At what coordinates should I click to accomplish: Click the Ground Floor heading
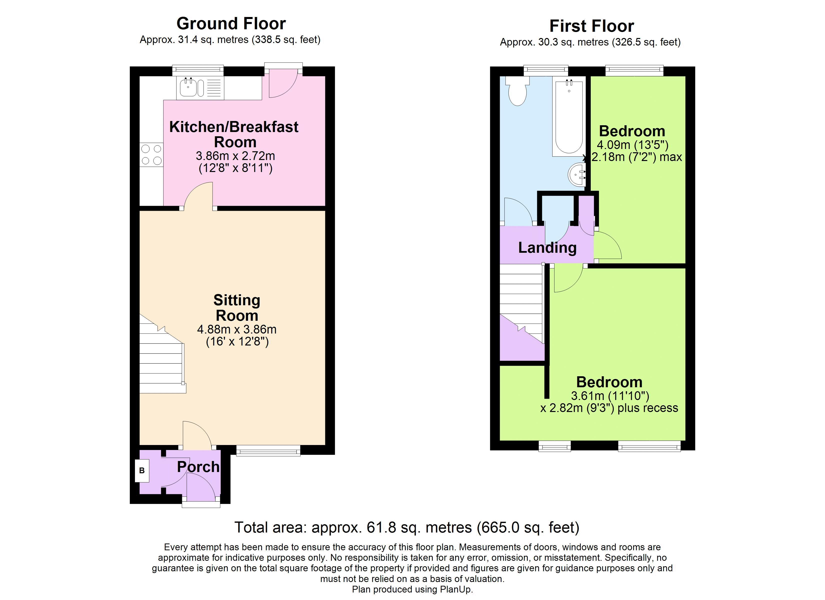click(231, 24)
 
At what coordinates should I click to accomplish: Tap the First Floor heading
click(591, 26)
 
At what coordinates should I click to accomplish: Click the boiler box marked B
click(142, 470)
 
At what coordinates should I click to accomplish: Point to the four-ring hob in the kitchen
click(151, 155)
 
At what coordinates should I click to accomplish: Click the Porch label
click(198, 467)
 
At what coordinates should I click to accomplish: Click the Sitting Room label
click(237, 308)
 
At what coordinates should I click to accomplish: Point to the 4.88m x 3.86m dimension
click(237, 329)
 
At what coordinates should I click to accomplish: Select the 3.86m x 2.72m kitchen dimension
click(235, 156)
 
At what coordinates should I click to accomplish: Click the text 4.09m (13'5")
click(632, 145)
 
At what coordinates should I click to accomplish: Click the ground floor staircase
click(161, 360)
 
